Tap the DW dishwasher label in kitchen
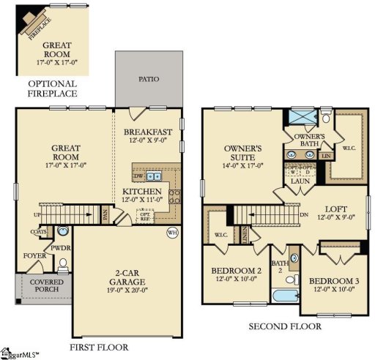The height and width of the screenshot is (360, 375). pos(138,176)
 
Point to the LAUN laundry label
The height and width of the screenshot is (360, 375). pos(300,181)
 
